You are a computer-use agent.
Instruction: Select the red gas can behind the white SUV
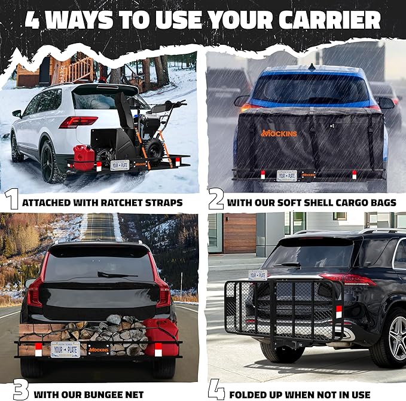tap(84, 157)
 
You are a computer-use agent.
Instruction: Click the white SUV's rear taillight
tap(78, 122)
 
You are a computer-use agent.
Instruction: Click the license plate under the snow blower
tap(120, 164)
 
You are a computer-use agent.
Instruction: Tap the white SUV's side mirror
tap(17, 113)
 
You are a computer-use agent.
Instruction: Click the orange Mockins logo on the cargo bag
tap(278, 132)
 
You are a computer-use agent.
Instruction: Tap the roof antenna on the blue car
tap(311, 67)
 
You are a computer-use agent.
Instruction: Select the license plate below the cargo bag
tap(286, 175)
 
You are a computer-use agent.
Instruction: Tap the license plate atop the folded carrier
tap(258, 274)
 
